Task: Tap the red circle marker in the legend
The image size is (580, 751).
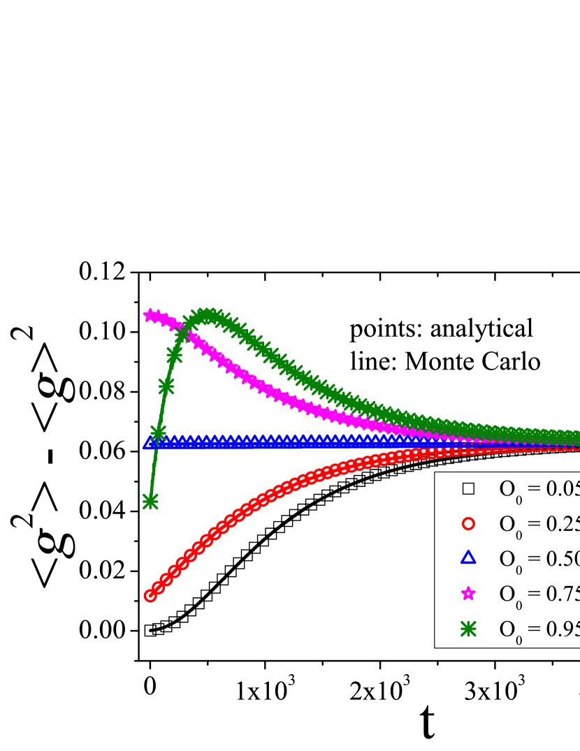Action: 468,523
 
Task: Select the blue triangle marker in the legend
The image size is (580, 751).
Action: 468,557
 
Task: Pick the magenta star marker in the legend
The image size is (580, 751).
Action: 468,593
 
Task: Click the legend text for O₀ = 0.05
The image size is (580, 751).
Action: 539,489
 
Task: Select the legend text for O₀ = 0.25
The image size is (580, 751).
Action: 539,524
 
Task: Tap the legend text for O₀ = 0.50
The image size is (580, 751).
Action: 539,559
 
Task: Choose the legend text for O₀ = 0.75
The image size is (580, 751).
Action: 539,594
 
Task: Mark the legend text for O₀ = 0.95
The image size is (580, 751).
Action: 539,629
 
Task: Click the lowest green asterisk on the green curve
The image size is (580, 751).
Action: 150,501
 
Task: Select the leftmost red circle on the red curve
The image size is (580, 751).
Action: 150,595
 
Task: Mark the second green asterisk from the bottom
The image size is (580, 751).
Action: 158,432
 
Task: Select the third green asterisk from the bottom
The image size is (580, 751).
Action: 166,386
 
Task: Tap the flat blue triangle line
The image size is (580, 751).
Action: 280,442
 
